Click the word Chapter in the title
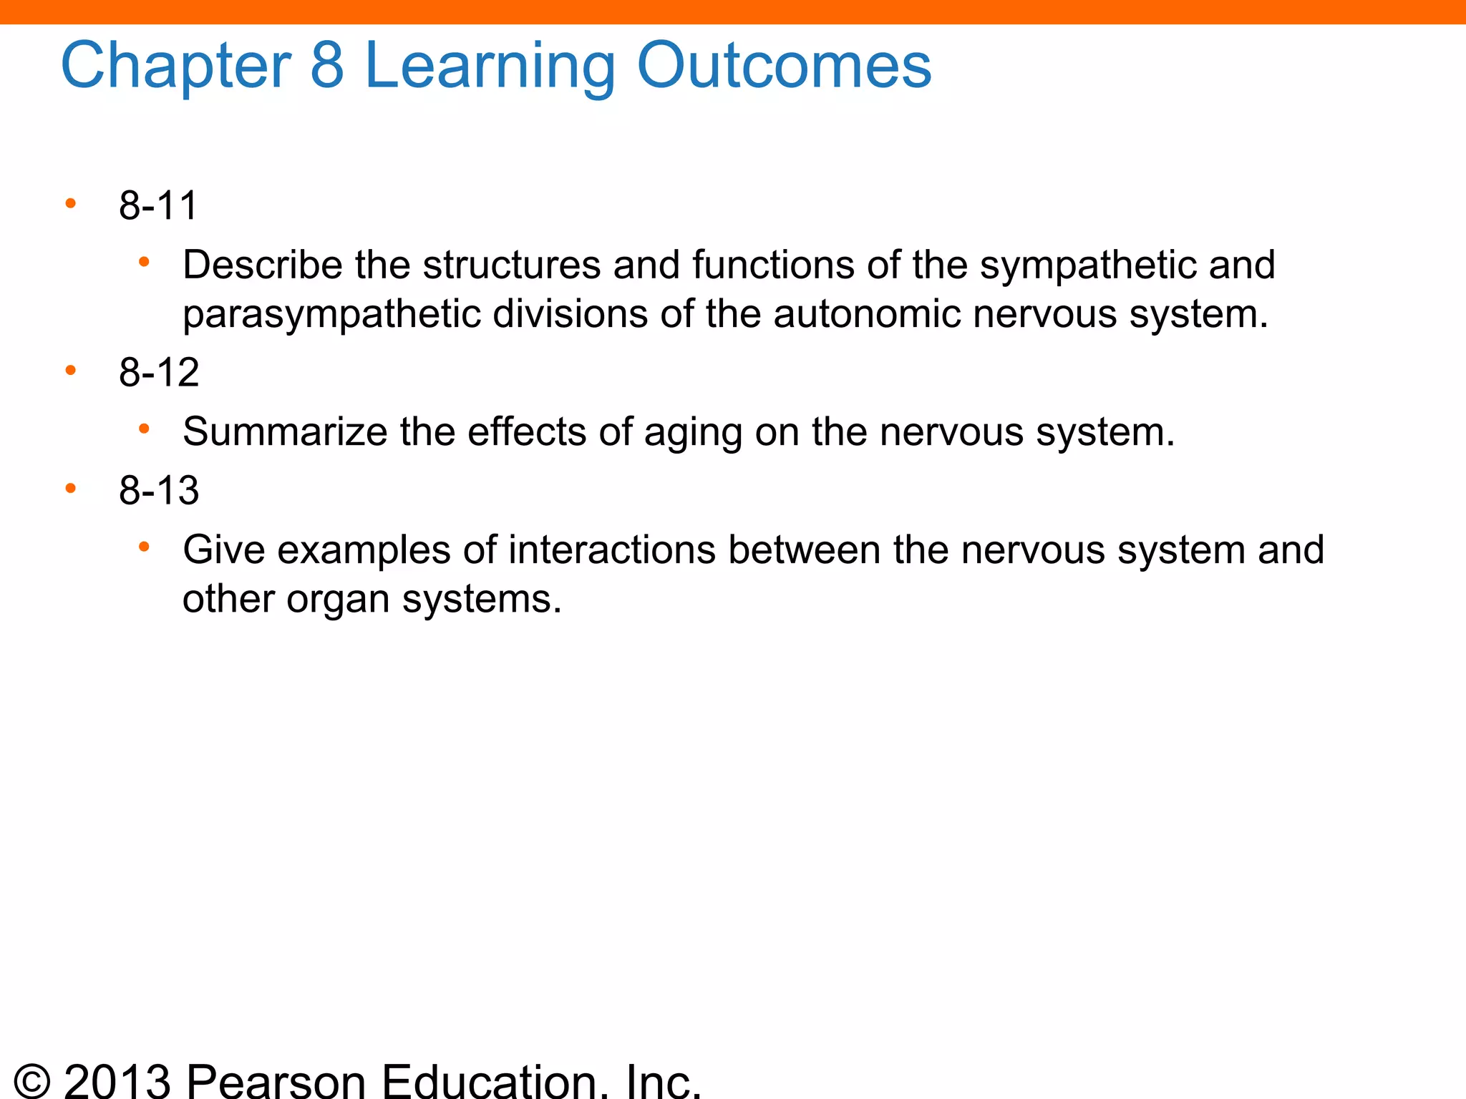tap(176, 66)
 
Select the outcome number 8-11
tap(158, 206)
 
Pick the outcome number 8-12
tap(159, 373)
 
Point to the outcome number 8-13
tap(159, 491)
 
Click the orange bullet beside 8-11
tap(70, 204)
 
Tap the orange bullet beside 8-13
tap(70, 489)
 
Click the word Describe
tap(263, 265)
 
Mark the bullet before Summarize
tap(144, 429)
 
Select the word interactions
tap(612, 550)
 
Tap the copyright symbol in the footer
tap(32, 1080)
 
